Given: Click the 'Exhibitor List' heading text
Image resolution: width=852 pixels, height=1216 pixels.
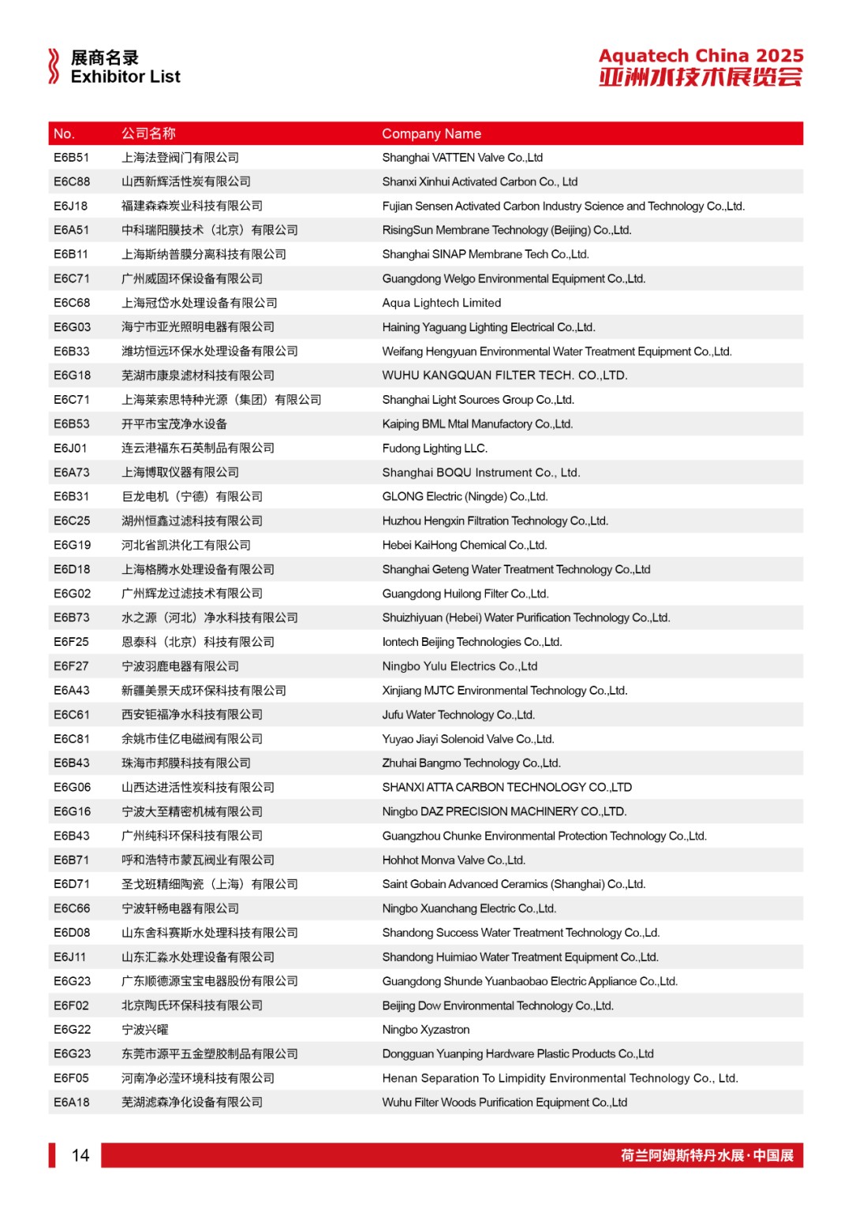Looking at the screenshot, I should (125, 77).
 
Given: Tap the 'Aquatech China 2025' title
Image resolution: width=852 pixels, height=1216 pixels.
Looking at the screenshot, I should (701, 56).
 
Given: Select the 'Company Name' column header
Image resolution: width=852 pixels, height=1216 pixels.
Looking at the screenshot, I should (432, 134).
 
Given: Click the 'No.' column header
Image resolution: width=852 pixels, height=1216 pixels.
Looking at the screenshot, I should (64, 134).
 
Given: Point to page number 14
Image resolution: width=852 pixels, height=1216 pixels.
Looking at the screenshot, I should (80, 1155).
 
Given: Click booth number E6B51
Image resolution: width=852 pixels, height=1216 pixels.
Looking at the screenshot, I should (71, 158).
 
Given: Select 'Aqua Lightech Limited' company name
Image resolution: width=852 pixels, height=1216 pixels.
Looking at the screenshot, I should (442, 303).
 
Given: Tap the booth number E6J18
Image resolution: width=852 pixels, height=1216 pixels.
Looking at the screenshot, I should (71, 206).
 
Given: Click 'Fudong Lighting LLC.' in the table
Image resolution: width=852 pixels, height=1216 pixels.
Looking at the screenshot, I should (435, 448).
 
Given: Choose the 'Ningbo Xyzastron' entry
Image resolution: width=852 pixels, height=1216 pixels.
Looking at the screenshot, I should (426, 1030).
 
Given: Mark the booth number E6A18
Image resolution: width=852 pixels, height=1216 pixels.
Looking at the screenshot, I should (71, 1102).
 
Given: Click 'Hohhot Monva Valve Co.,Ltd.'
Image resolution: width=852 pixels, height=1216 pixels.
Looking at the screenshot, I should (454, 860).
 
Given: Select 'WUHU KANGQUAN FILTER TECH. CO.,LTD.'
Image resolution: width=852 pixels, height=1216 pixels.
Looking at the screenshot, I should (505, 375).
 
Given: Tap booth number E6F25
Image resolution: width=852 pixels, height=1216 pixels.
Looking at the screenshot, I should (71, 642).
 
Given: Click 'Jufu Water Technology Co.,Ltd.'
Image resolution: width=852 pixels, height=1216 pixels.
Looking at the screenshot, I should (458, 714).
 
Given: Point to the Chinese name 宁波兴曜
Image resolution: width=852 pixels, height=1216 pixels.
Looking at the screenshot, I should (145, 1030).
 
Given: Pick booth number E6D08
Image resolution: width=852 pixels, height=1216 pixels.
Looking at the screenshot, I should (72, 933).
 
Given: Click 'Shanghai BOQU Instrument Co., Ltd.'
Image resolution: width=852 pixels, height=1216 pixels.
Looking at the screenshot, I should (481, 472).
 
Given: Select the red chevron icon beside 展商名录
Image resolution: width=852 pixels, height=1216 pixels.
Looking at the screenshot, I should (54, 66).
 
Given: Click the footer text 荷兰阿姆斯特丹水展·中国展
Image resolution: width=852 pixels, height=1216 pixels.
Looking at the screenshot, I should (707, 1155).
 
